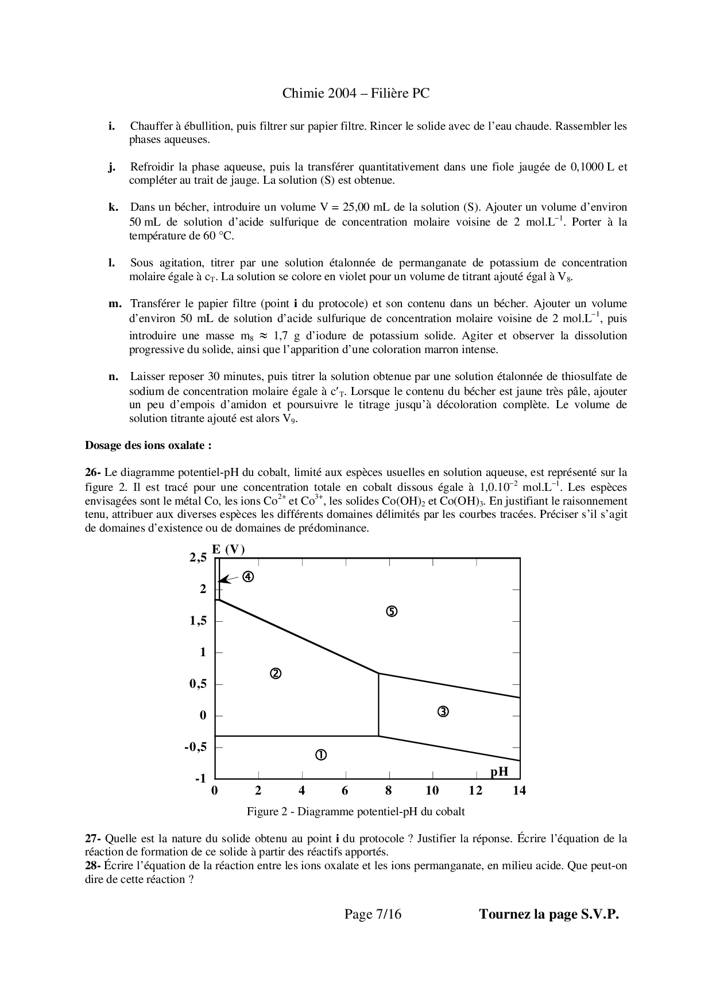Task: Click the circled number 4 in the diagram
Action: click(248, 577)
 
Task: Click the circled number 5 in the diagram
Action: click(392, 611)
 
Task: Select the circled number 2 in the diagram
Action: click(276, 673)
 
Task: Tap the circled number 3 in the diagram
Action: click(443, 712)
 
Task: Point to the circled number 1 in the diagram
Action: click(321, 755)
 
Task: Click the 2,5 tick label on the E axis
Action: click(198, 557)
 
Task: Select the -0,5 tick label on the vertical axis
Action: click(195, 747)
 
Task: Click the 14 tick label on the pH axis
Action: click(519, 791)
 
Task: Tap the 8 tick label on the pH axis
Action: click(389, 791)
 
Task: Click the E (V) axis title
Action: click(229, 549)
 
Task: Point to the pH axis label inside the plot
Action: click(500, 772)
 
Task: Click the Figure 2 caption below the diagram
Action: click(355, 811)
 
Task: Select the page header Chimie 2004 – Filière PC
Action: click(356, 93)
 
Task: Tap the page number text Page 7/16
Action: click(373, 914)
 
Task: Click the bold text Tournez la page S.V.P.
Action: click(549, 914)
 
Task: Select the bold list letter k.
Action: click(113, 207)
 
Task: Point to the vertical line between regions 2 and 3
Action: click(378, 705)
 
